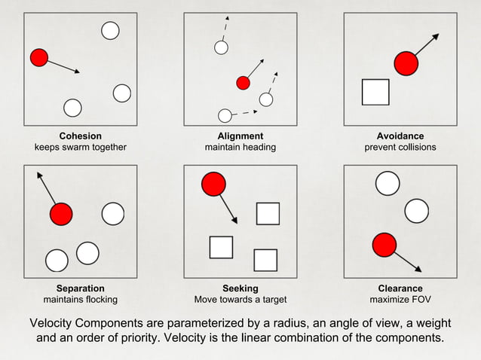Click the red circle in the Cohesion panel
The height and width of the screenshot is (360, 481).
coord(39,57)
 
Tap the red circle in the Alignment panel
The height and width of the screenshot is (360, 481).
coord(243,83)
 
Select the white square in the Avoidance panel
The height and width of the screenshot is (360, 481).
coord(375,92)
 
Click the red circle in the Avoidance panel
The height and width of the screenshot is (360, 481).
coord(406,64)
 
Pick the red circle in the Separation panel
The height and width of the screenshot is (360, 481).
coord(61,215)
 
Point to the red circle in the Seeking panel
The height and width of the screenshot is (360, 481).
coord(213,184)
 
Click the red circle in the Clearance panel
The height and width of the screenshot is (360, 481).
coord(384,244)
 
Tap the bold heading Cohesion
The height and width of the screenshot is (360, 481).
coord(81,136)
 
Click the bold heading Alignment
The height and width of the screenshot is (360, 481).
coord(240,136)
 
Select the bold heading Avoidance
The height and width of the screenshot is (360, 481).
coord(400,136)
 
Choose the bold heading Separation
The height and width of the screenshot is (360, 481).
coord(81,288)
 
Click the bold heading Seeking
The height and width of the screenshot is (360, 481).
coord(240,288)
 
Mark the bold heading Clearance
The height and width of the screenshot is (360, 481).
coord(400,288)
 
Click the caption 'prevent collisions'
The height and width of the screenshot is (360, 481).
coord(400,148)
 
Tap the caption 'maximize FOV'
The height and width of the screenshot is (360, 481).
coord(400,300)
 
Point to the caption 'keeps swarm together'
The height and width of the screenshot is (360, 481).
coord(81,148)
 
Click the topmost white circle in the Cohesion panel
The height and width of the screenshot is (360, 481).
coord(110,30)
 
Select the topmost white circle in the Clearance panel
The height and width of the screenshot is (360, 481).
coord(388,183)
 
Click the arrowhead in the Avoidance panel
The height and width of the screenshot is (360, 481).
coord(436,35)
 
